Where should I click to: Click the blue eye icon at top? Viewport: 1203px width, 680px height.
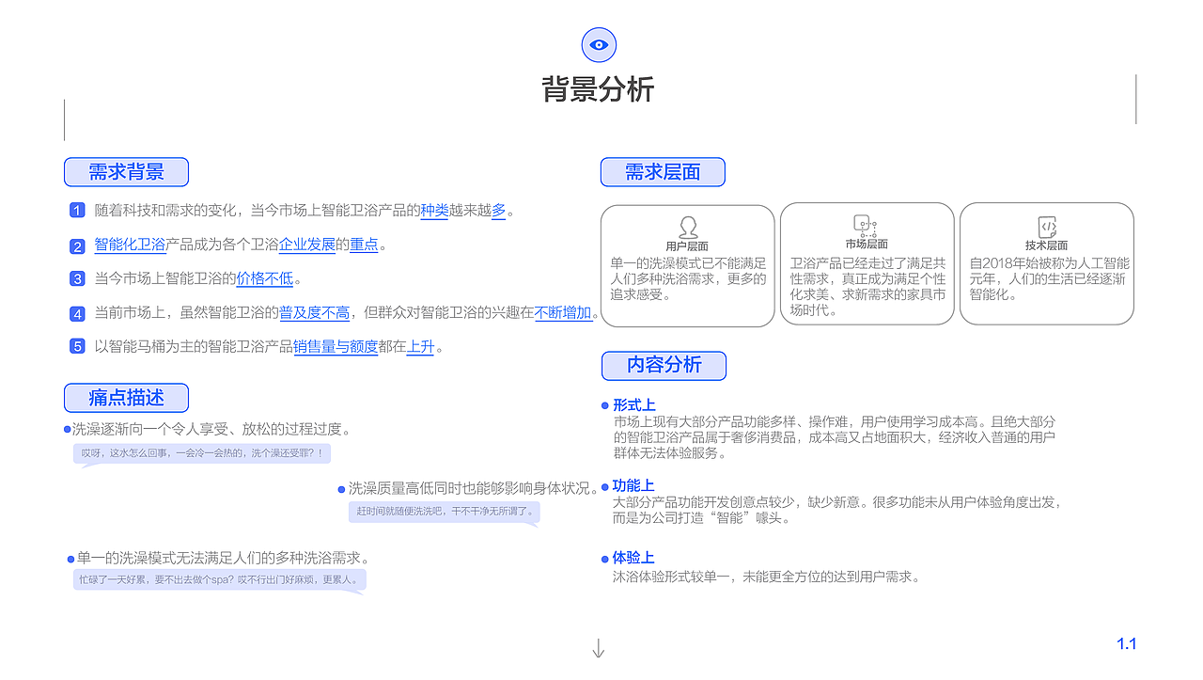point(599,44)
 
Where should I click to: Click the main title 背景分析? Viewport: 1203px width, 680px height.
point(598,89)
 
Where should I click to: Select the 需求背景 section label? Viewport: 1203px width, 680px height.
point(126,172)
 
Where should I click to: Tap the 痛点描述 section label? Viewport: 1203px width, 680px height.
point(126,398)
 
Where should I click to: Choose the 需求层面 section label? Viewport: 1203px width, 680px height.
point(663,172)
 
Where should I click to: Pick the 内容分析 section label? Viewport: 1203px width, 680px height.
point(664,365)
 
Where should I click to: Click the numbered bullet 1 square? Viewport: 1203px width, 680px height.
point(77,211)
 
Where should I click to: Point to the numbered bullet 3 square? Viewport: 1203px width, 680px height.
point(77,278)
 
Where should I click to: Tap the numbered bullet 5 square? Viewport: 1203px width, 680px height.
point(77,346)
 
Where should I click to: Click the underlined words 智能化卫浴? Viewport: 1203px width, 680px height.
point(130,245)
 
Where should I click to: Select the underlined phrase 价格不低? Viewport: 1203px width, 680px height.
point(265,278)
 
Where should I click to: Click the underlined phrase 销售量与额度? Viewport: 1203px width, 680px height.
point(336,346)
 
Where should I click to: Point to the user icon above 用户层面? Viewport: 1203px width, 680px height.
point(688,227)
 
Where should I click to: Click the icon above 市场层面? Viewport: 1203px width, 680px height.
point(865,226)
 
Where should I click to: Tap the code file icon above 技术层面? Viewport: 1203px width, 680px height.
point(1047,227)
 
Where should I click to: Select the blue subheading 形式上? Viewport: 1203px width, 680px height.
point(633,405)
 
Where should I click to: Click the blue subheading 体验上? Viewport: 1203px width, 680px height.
point(633,558)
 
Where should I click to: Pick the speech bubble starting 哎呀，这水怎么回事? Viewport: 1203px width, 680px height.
point(202,453)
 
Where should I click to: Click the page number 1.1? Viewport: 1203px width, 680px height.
point(1126,644)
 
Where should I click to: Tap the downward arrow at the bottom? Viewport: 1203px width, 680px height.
point(598,648)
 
